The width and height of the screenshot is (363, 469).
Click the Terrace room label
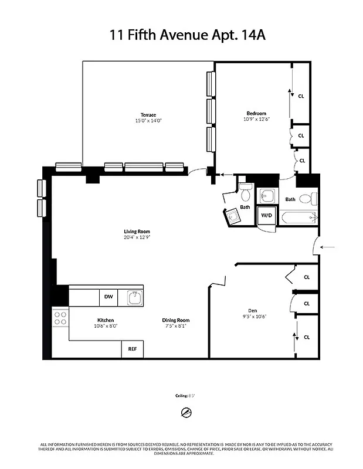(x=148, y=114)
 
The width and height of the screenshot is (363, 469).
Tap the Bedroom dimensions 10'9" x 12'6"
(x=256, y=120)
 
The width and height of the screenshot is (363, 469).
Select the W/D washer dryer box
(x=267, y=215)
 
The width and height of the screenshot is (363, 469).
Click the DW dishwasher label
(x=108, y=297)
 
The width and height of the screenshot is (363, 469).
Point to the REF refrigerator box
(x=133, y=349)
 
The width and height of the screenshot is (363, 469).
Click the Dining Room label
(x=176, y=320)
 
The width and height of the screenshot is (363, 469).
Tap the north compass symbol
(x=186, y=412)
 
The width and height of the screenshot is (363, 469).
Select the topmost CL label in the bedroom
(x=301, y=96)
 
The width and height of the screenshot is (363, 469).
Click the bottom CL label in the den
(x=307, y=337)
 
